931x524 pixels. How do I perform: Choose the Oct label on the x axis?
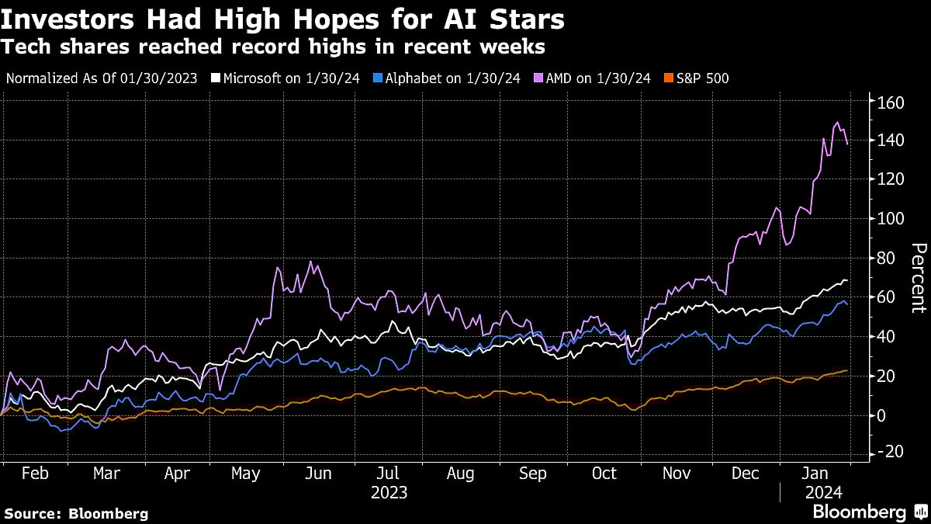(x=605, y=474)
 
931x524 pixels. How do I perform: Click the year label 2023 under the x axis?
(x=389, y=493)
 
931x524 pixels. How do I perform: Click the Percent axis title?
(x=918, y=278)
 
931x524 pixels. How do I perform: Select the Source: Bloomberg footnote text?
(x=76, y=513)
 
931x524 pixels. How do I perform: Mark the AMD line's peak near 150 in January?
(x=837, y=123)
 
